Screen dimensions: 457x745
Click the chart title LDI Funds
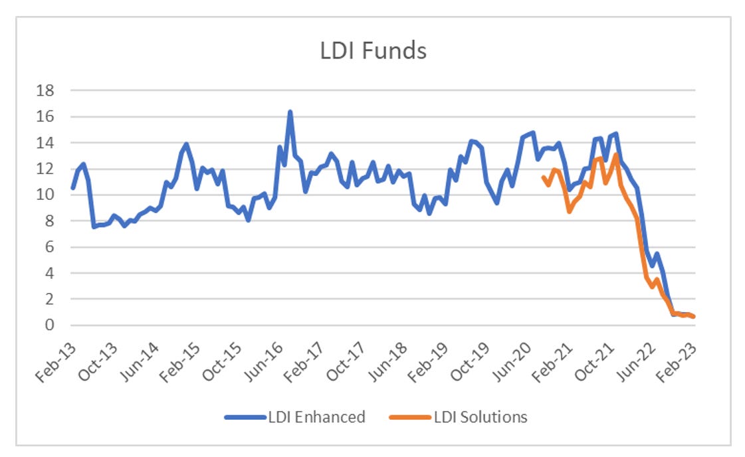tap(373, 51)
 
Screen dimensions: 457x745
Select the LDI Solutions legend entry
tap(480, 417)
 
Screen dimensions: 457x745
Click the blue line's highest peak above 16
tap(290, 112)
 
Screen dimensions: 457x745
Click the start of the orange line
tap(544, 177)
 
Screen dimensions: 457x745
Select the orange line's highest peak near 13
tap(617, 155)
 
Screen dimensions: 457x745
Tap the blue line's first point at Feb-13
tap(72, 188)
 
